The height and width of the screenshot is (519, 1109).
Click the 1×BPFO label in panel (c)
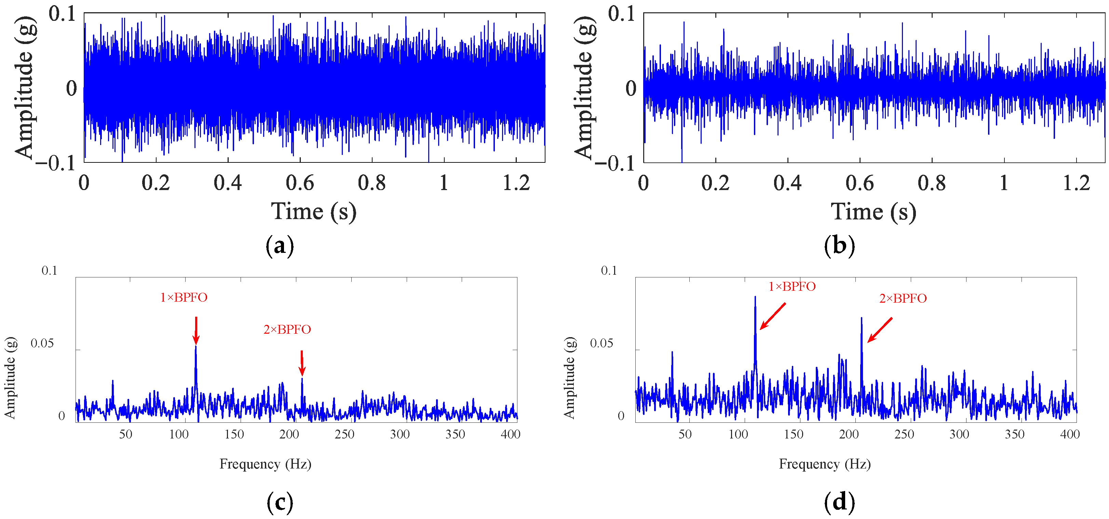(184, 297)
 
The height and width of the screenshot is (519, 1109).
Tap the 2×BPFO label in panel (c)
(287, 329)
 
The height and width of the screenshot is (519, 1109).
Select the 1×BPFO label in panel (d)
(792, 286)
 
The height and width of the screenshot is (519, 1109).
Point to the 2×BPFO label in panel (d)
(903, 299)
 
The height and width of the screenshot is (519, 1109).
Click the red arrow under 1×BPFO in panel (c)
(196, 330)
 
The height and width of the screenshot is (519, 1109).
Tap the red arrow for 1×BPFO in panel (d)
(773, 316)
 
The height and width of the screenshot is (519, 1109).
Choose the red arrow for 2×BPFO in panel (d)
(880, 330)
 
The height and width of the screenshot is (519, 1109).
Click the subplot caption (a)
(280, 246)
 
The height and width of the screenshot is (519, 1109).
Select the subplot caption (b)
(839, 246)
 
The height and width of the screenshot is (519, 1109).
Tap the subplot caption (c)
(280, 502)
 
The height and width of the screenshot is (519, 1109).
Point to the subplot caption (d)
(839, 502)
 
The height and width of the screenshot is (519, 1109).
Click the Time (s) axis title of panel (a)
(313, 212)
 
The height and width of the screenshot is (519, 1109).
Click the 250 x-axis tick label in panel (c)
(344, 434)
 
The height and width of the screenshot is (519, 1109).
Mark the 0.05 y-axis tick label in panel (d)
(601, 343)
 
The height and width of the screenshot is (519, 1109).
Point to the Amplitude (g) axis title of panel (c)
(10, 377)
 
